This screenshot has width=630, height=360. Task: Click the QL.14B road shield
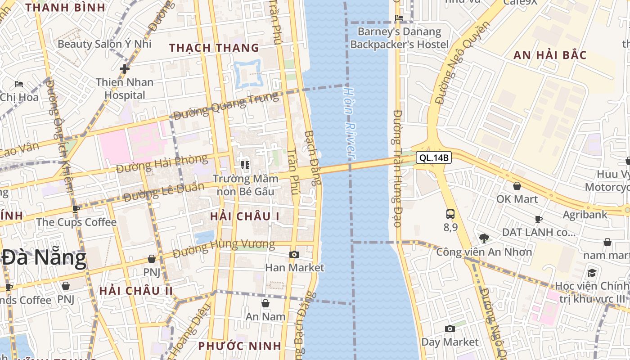433,157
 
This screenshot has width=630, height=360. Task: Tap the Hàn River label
349,121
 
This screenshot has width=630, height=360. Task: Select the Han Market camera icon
294,255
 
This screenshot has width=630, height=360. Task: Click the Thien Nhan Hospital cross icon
125,69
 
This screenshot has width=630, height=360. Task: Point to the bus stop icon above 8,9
450,214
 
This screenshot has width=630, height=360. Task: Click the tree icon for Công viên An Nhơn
484,238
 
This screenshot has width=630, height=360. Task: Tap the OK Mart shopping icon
517,186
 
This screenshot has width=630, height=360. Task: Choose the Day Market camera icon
450,329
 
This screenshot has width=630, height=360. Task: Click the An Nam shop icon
265,303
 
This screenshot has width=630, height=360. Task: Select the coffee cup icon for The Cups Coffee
76,209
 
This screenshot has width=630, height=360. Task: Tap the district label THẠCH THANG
214,48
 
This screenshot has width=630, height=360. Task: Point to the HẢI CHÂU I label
245,216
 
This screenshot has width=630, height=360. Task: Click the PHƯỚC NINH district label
240,346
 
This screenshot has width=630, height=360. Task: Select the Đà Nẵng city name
44,258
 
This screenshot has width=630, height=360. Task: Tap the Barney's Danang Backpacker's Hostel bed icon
399,18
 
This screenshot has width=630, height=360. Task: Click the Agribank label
585,214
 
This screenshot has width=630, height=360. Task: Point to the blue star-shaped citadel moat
247,74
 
